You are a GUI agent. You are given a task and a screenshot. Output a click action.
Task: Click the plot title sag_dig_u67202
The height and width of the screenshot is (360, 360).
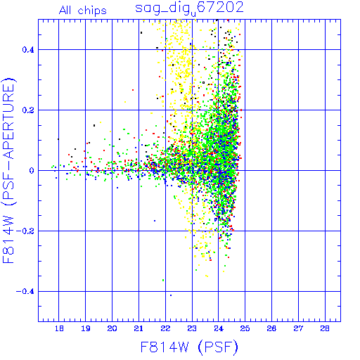click(189, 9)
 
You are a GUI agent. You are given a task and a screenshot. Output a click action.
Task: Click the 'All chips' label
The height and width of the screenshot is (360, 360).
click(83, 11)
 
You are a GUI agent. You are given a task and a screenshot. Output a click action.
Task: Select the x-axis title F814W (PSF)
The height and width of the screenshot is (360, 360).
click(189, 347)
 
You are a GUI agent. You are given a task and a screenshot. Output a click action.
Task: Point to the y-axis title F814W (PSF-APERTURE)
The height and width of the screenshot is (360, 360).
click(8, 170)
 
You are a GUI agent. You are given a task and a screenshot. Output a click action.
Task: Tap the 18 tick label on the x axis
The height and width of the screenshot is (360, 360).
click(59, 328)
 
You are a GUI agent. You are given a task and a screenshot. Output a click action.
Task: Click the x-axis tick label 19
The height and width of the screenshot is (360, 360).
click(86, 328)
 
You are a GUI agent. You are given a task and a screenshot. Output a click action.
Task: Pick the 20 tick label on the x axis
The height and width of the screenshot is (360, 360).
click(112, 328)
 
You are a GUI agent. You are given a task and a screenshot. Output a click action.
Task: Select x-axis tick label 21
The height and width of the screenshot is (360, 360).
click(139, 328)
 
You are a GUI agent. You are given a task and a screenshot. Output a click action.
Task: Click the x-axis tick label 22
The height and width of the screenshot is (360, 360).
click(165, 328)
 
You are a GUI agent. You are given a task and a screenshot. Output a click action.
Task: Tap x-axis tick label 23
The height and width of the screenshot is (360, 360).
click(192, 328)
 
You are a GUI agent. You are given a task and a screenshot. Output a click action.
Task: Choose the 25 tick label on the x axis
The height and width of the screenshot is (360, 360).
click(245, 328)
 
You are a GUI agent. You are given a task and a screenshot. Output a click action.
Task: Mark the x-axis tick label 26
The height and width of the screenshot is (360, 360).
click(271, 328)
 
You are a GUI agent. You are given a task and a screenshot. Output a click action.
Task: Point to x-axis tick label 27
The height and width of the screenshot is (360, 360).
click(298, 328)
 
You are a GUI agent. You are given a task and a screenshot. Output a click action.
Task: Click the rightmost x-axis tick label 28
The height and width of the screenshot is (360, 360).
click(325, 328)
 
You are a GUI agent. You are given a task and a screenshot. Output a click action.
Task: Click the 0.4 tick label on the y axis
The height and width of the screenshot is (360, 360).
click(28, 50)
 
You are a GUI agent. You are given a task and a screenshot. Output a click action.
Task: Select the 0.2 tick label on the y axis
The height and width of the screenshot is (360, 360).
click(28, 110)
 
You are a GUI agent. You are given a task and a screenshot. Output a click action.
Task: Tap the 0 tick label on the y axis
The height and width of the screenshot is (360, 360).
click(32, 171)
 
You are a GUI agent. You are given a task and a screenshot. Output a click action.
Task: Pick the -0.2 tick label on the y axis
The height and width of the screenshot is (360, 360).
click(25, 231)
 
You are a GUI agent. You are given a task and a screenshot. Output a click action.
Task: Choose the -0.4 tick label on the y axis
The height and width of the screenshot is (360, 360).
click(25, 292)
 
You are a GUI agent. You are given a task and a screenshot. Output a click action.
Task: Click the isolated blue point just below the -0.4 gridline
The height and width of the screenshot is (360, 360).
click(171, 295)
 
